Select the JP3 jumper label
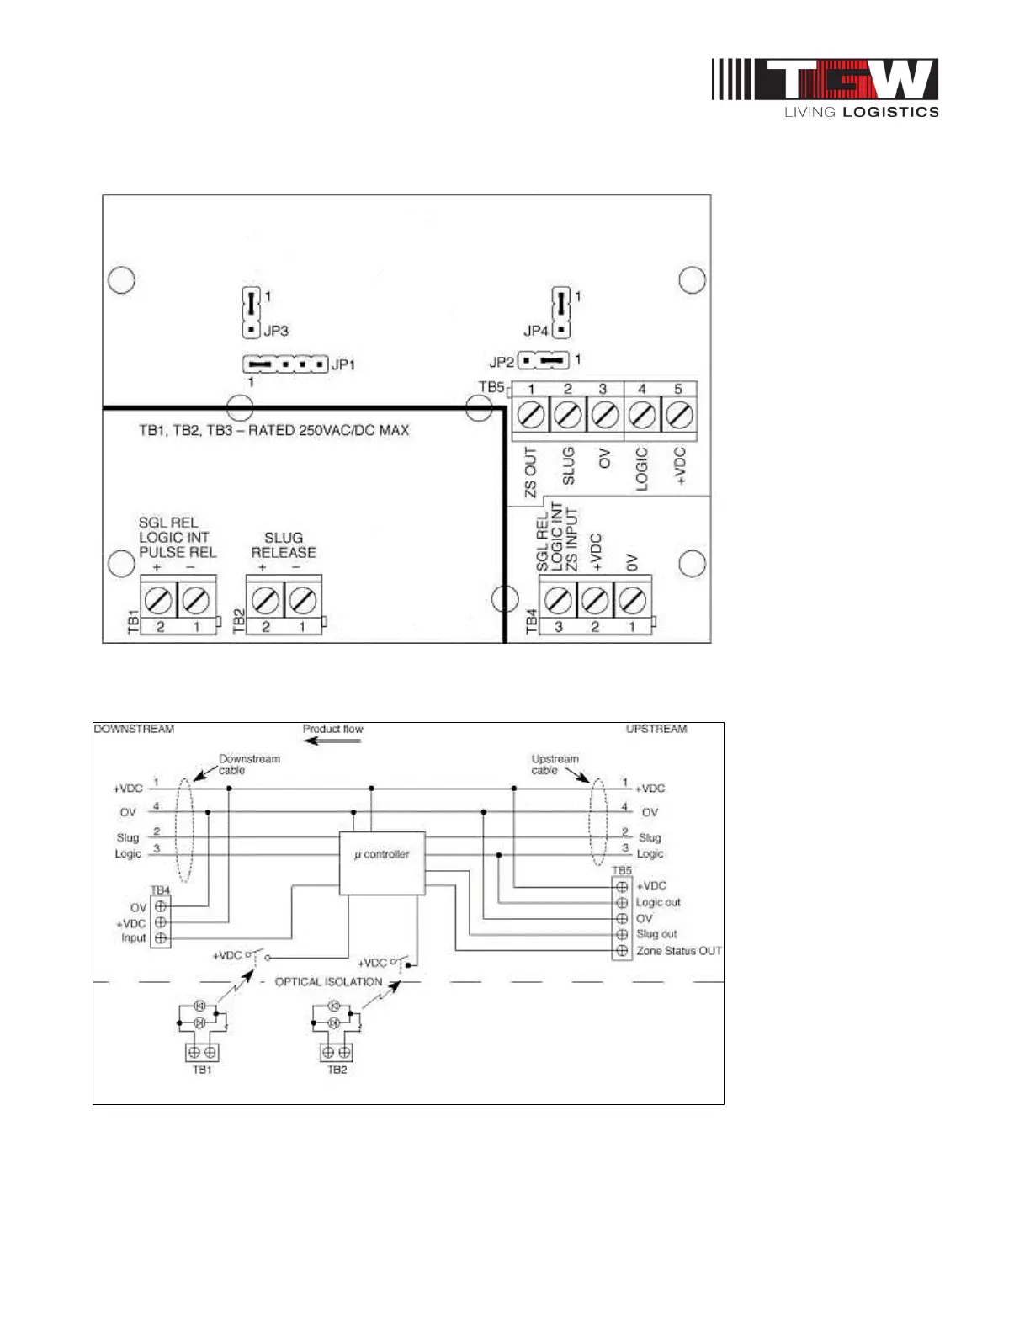tap(276, 331)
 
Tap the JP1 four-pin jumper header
tap(284, 364)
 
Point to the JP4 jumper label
tap(535, 331)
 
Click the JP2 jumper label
tap(501, 362)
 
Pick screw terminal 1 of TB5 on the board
tap(531, 415)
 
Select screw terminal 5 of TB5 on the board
tap(678, 415)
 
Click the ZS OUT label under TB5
tap(531, 472)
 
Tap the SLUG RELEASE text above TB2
tap(284, 545)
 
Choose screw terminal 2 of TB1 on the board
tap(159, 600)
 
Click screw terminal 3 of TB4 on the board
tap(558, 600)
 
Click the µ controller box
tap(382, 863)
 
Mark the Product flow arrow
tap(333, 741)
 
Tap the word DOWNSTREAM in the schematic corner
tap(135, 729)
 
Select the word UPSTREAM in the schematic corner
tap(656, 729)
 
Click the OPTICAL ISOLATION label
tap(328, 982)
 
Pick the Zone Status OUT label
tap(679, 951)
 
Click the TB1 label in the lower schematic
tap(202, 1070)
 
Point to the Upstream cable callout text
tap(555, 764)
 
